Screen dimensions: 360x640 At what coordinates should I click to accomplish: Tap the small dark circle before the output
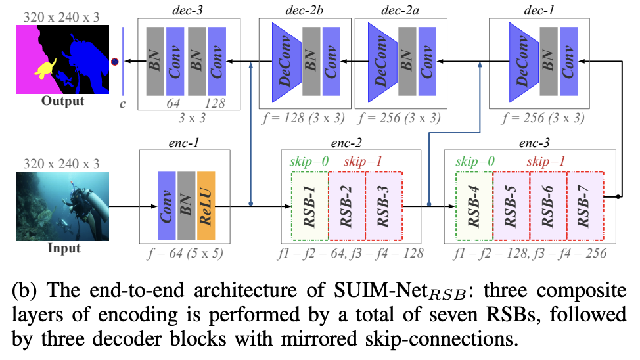114,62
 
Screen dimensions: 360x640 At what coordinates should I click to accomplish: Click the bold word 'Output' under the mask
62,101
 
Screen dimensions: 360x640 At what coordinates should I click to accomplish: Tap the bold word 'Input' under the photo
64,248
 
